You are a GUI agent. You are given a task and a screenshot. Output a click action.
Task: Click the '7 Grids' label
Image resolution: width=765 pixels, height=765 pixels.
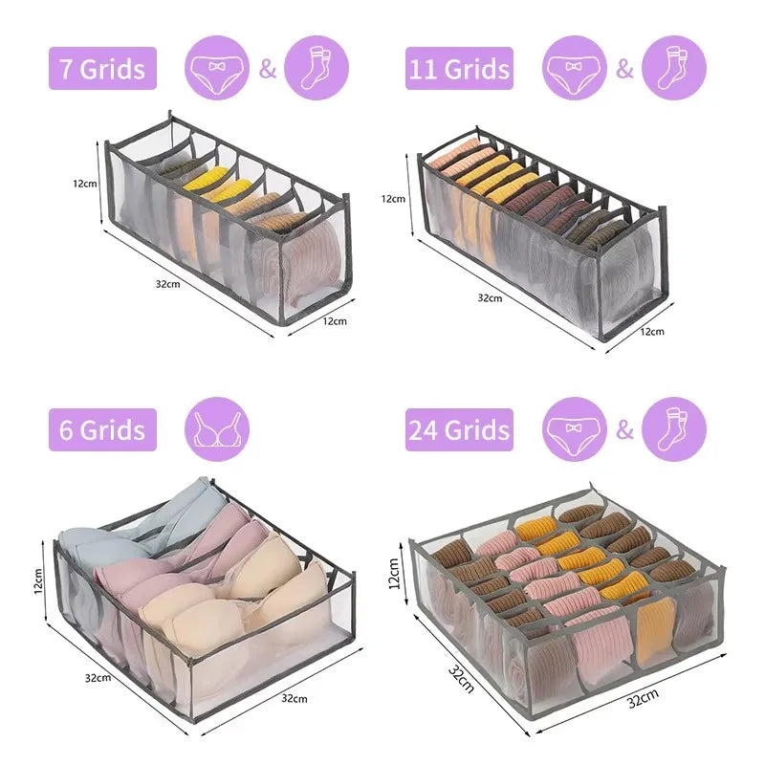[x=102, y=68]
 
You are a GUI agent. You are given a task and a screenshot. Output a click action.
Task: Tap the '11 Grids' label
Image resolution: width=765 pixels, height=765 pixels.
[x=459, y=68]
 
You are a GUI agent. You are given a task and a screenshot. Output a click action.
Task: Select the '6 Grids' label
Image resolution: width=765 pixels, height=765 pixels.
[x=102, y=429]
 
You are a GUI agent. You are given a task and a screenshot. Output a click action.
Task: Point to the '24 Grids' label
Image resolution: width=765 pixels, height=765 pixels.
[x=459, y=429]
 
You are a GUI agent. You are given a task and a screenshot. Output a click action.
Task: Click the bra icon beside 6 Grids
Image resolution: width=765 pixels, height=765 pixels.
[x=217, y=429]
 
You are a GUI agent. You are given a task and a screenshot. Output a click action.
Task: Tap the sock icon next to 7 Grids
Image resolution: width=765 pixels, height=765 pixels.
[x=317, y=67]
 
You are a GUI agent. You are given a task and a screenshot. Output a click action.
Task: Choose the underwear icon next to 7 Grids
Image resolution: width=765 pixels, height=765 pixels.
[x=217, y=67]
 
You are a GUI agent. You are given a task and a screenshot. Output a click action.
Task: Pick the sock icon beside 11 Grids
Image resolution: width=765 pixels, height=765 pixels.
[x=674, y=67]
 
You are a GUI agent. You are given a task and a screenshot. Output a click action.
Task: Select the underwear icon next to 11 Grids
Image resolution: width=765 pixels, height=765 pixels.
[x=575, y=67]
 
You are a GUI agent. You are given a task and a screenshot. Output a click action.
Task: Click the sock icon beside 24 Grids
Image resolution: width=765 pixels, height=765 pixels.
[x=674, y=429]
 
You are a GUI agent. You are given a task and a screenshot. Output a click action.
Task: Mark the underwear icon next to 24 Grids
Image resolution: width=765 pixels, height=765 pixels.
[x=575, y=429]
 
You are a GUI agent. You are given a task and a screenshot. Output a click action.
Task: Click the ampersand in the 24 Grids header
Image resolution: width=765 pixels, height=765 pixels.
[x=624, y=429]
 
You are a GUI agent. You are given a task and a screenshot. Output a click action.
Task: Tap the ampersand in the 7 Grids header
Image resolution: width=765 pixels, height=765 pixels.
[x=268, y=68]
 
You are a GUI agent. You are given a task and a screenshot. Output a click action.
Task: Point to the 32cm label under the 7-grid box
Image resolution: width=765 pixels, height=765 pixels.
[x=168, y=284]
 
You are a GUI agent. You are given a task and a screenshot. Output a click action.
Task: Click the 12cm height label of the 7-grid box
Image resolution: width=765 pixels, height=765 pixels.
[x=85, y=184]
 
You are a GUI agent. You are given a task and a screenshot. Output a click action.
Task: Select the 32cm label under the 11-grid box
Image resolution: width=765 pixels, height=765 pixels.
[x=490, y=298]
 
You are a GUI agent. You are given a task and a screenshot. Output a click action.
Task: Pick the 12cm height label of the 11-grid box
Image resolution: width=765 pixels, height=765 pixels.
[x=393, y=199]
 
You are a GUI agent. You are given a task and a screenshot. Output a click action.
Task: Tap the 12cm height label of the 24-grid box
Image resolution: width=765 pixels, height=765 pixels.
[x=394, y=574]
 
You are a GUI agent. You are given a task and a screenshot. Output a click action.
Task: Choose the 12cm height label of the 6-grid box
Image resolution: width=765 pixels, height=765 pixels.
[x=38, y=580]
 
